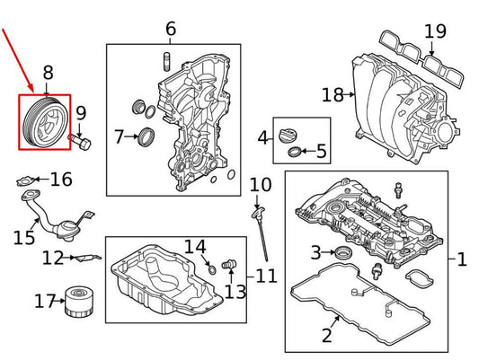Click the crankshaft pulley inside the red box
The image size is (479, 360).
point(45,122)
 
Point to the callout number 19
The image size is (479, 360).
point(435,31)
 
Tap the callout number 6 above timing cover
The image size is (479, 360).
point(171,29)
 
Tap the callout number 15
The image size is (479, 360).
point(24,237)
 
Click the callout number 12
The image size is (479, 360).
point(53,259)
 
